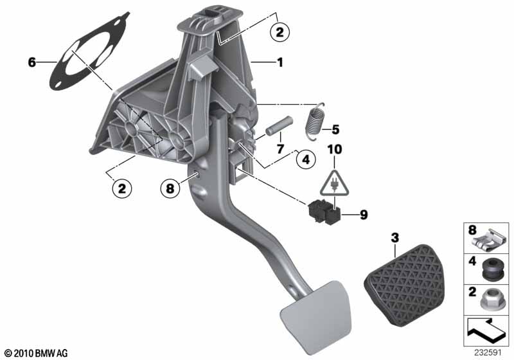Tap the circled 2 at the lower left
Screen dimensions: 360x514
click(121, 188)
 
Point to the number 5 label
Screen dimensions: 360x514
click(335, 129)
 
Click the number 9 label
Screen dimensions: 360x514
click(363, 215)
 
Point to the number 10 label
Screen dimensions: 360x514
click(335, 151)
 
